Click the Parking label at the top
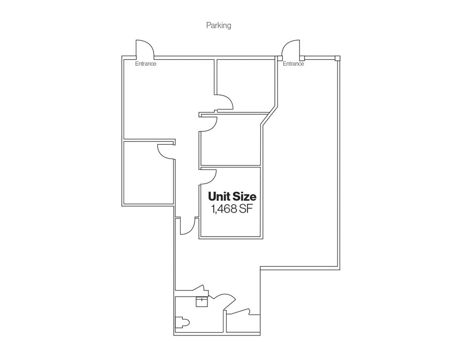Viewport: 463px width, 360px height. (219, 26)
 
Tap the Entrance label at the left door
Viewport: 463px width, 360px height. (145, 64)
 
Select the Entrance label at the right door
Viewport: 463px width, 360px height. (293, 64)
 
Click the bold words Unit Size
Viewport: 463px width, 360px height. (232, 197)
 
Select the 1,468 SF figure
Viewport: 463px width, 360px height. (232, 209)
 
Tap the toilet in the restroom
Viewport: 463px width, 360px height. (182, 323)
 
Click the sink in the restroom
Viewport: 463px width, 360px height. (202, 302)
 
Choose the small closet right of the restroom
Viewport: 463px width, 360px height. (243, 324)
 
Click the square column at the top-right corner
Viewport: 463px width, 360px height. (337, 58)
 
